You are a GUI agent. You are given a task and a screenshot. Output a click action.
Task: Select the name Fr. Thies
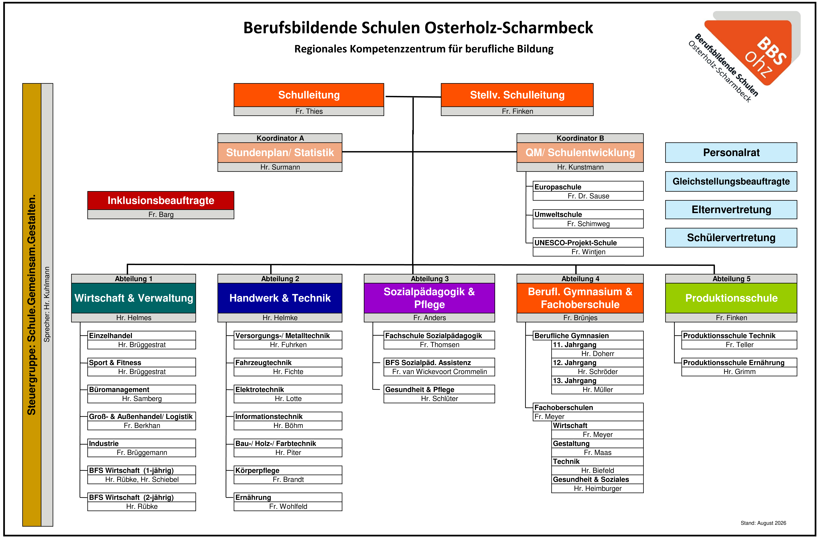[309, 111]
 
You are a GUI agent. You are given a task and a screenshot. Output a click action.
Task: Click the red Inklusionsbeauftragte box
[161, 200]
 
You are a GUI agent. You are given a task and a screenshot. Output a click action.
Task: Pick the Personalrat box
[731, 152]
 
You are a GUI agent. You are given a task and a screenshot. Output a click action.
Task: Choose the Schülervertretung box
[731, 238]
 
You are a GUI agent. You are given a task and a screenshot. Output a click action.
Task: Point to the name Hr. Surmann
[280, 167]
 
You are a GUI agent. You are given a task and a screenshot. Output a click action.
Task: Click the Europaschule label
[558, 187]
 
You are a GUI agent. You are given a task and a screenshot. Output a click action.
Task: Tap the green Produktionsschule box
[731, 298]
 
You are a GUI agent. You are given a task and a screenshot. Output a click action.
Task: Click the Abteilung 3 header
[429, 279]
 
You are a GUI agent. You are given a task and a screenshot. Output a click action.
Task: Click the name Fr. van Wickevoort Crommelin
[439, 372]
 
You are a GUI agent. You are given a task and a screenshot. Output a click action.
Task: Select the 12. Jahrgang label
[574, 363]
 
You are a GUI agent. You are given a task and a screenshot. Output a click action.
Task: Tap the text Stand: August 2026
[763, 523]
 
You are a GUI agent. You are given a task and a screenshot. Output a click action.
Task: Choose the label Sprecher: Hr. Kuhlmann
[47, 304]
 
